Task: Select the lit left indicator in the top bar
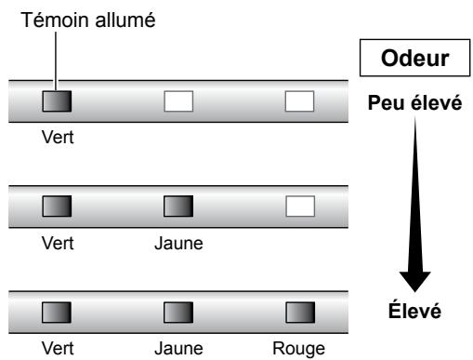58,100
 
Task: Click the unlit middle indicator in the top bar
178,100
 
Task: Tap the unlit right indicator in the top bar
299,100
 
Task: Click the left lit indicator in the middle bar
58,204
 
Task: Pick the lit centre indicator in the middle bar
178,204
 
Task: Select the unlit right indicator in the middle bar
299,204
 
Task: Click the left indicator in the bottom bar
58,308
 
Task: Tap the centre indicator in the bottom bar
178,308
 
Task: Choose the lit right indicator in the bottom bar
299,308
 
